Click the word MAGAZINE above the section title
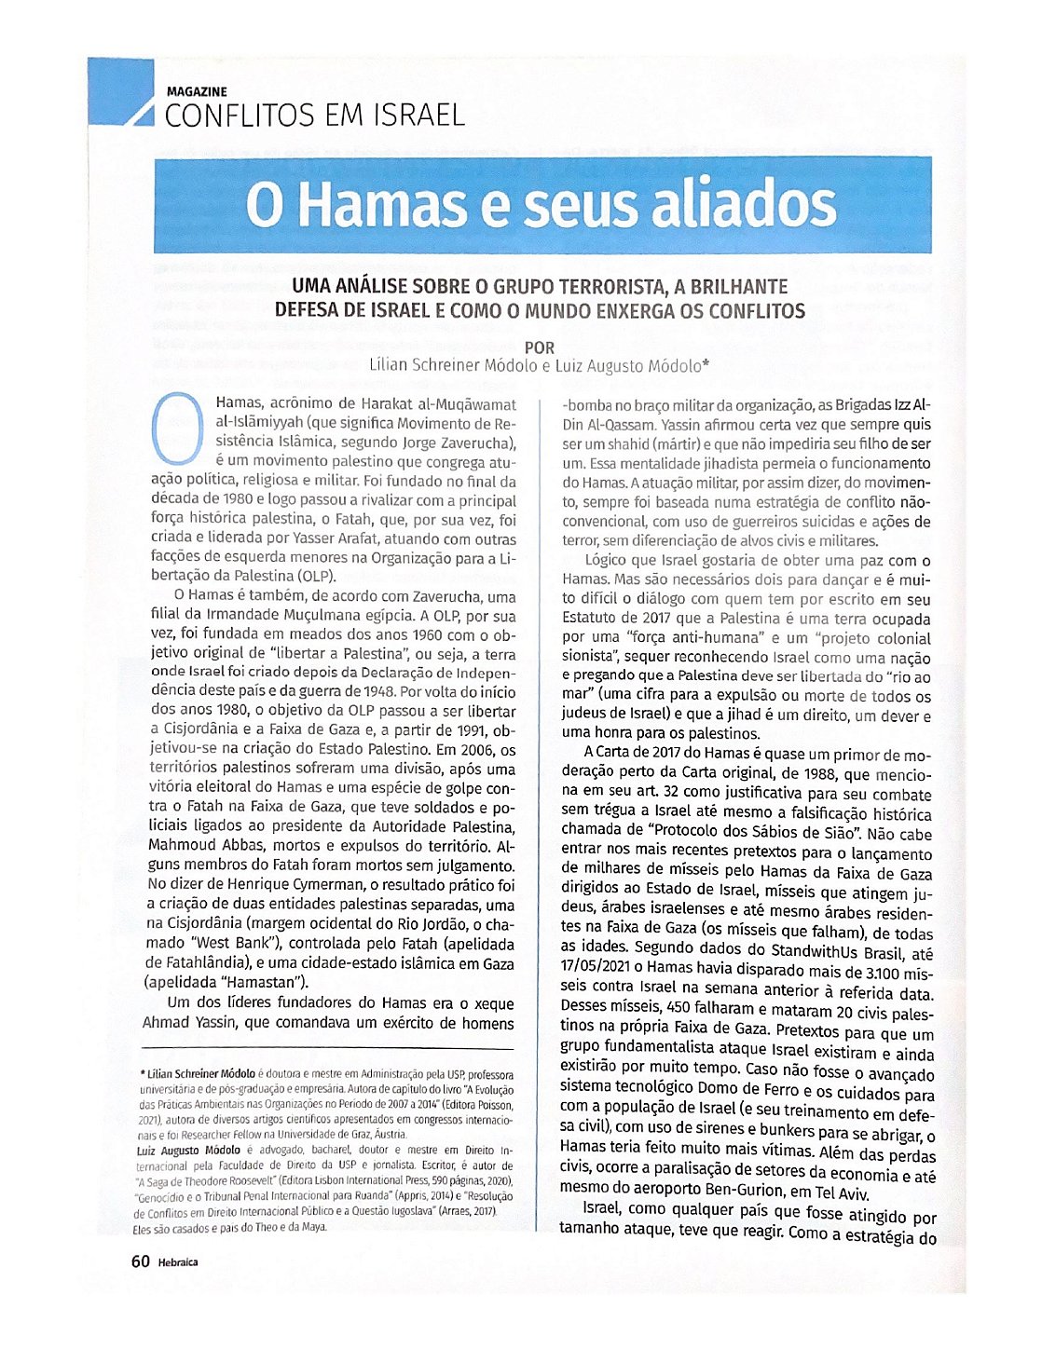[x=196, y=91]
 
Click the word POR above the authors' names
[x=540, y=347]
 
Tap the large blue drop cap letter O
[x=177, y=429]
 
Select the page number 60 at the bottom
[x=140, y=1261]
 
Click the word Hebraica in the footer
[x=178, y=1262]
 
